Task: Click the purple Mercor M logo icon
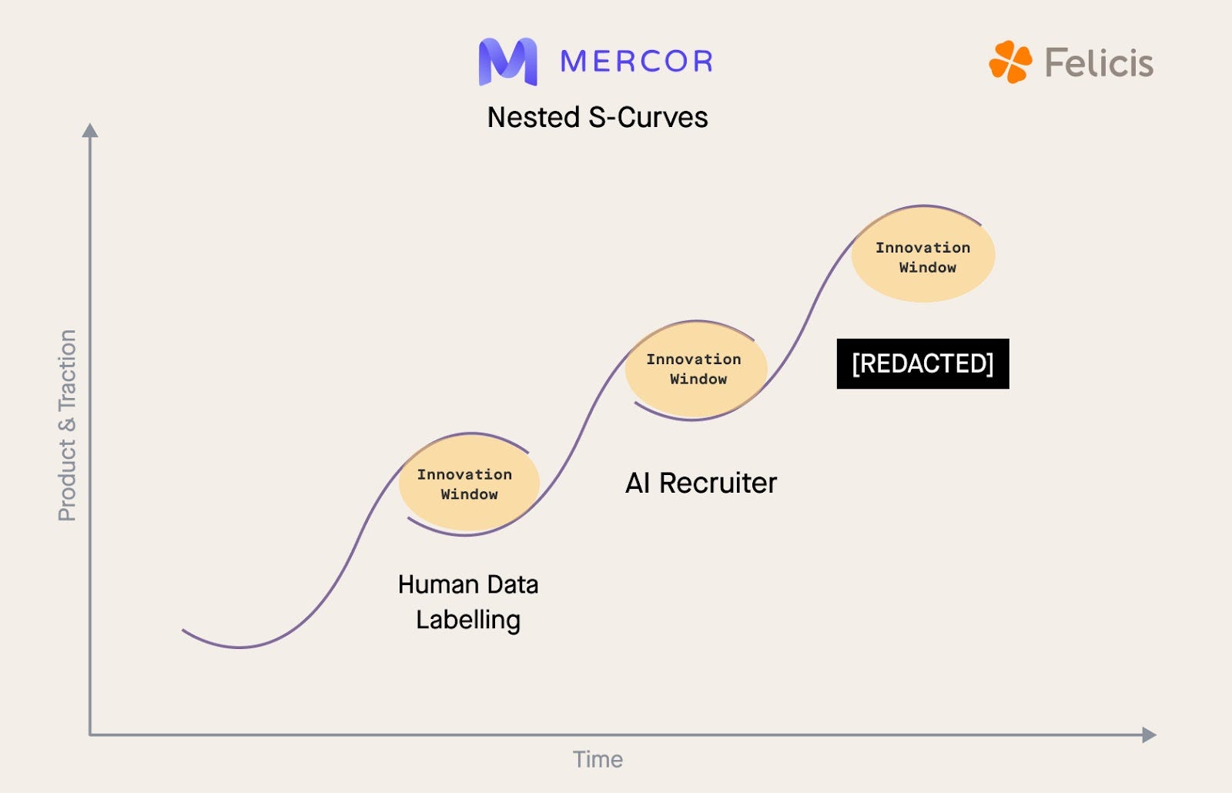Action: coord(507,61)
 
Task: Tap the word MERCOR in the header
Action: coord(637,62)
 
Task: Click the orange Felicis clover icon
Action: coord(1010,62)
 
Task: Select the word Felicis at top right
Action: coord(1099,62)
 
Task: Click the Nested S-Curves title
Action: coord(598,118)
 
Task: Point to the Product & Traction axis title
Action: coord(68,425)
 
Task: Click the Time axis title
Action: coord(598,760)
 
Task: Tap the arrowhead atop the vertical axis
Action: coord(90,130)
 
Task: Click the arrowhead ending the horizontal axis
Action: coord(1149,734)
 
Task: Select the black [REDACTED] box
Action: coord(922,363)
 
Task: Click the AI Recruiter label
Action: coord(701,483)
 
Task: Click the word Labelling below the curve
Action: coord(468,621)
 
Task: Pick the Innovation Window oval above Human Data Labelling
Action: coord(468,483)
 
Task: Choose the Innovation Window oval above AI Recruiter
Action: coord(696,370)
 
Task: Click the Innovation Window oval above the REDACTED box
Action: coord(923,256)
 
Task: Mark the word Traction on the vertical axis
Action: coord(68,370)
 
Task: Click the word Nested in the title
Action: coord(534,118)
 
